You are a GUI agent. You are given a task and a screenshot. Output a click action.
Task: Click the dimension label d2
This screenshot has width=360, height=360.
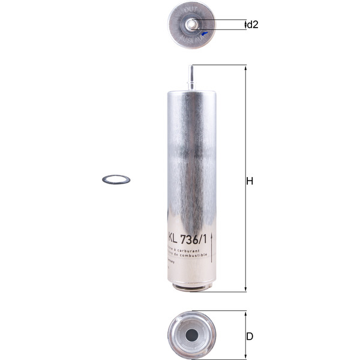coord(253,25)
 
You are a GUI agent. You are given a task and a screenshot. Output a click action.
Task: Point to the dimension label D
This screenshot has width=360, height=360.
coord(250,336)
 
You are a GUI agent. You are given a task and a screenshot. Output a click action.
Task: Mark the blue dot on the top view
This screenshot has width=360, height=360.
coord(204,34)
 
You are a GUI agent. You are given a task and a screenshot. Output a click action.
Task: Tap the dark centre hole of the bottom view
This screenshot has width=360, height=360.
coord(191,335)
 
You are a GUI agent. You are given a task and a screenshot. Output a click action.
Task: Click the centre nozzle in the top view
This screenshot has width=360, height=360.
coord(191,24)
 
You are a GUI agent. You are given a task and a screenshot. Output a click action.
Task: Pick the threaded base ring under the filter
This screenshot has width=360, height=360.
coord(191,286)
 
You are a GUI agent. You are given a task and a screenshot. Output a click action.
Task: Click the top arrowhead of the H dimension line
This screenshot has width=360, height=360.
coord(244,67)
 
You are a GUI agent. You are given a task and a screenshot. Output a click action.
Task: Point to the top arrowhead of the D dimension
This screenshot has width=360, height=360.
coord(244,313)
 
